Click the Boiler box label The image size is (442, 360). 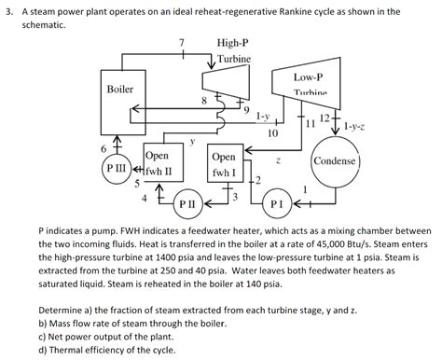[119, 90]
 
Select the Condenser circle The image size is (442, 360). [334, 160]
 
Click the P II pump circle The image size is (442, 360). [187, 201]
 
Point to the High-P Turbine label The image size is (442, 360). [232, 50]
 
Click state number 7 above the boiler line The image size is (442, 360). [183, 42]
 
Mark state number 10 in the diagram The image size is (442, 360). [271, 133]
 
